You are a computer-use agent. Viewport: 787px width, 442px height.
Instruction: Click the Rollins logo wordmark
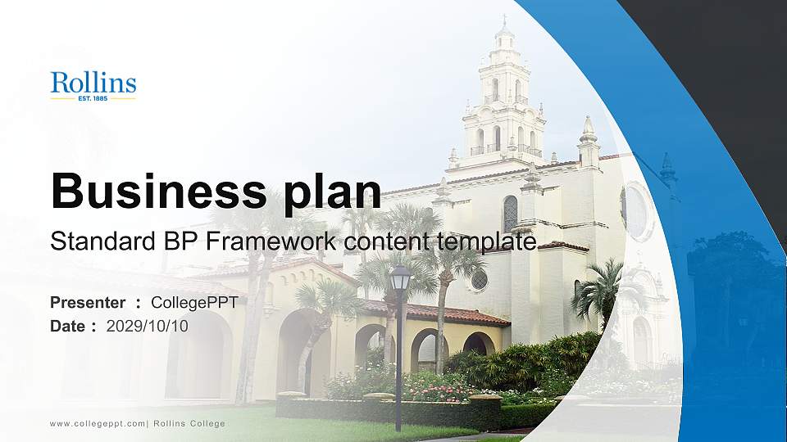[93, 83]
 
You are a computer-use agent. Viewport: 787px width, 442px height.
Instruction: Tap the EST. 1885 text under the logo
[93, 99]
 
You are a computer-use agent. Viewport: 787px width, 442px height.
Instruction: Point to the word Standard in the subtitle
[91, 241]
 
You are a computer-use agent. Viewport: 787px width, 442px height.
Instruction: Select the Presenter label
[88, 303]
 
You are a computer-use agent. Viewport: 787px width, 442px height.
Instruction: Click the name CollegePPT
[194, 303]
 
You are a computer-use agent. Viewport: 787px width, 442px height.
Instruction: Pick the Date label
[68, 326]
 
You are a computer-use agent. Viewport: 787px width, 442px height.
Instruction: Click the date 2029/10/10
[148, 326]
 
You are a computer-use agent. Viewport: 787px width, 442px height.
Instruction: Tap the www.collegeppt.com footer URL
[98, 423]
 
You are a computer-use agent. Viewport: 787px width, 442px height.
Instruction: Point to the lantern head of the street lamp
[400, 279]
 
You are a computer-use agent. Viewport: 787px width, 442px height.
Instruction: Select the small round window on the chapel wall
[479, 280]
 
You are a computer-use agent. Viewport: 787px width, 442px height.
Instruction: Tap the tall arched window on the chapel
[510, 214]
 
